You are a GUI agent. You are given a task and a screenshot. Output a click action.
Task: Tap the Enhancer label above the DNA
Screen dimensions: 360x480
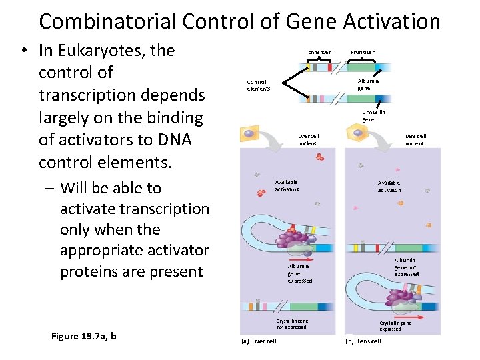pos(319,52)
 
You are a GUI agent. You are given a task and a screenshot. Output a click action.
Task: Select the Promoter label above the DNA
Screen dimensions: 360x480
pos(363,52)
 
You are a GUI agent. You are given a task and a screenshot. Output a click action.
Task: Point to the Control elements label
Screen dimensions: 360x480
pos(259,85)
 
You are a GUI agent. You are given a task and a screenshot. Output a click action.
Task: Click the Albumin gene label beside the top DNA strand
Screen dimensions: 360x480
pos(369,84)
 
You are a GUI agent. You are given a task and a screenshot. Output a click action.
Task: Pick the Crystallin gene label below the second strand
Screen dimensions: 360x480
pos(373,115)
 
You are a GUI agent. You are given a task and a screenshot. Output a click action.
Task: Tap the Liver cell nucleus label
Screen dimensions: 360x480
pos(308,139)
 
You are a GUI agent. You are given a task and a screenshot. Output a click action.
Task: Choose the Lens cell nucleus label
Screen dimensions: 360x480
pos(415,139)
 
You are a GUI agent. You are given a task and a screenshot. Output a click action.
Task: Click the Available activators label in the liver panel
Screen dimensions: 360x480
pos(287,185)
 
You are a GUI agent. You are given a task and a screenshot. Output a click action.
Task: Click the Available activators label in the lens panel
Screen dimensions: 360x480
pos(390,186)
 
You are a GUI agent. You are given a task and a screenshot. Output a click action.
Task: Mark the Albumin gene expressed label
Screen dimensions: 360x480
pos(300,273)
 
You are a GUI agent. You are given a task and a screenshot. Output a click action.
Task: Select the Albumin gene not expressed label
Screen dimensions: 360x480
pos(406,267)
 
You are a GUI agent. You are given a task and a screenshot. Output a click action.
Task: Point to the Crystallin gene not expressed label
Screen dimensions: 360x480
pos(291,324)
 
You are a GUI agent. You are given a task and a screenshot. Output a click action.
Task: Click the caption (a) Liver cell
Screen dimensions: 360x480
pos(259,341)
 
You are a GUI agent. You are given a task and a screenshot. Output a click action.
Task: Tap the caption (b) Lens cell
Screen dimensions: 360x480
pos(363,341)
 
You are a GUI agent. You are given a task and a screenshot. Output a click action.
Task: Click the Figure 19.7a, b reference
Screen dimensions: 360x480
pos(83,335)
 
